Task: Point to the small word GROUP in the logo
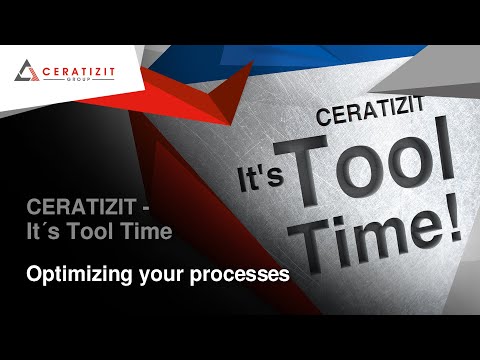click(75, 80)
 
